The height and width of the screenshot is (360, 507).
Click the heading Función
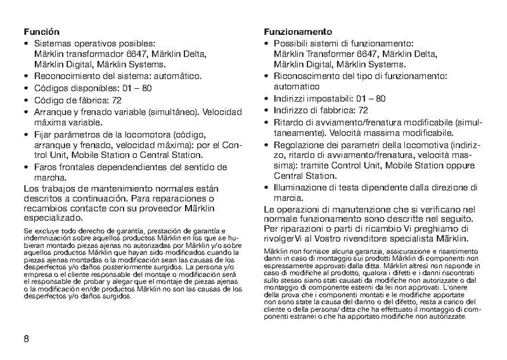pos(41,30)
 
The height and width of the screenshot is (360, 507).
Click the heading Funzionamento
pos(295,31)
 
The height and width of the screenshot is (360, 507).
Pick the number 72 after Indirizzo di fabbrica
pos(364,110)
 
